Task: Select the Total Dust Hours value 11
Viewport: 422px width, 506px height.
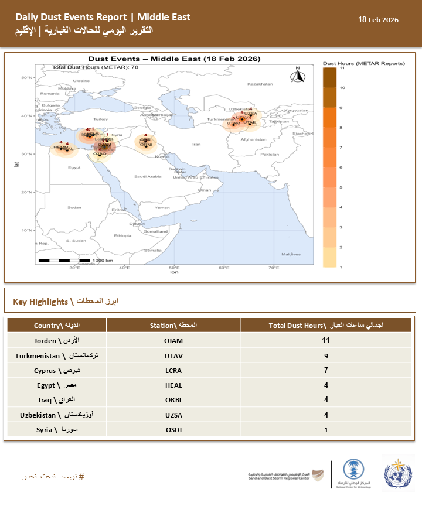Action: [x=326, y=340]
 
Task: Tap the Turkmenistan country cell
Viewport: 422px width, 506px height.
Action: [x=57, y=355]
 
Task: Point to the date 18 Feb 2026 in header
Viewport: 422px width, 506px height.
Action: [x=378, y=19]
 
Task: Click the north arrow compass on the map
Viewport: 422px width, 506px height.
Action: [x=297, y=76]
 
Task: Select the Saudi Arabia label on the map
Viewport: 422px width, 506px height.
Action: [x=148, y=176]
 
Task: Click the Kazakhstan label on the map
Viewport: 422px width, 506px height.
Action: [x=260, y=84]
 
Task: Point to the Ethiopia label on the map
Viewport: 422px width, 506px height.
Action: [x=123, y=235]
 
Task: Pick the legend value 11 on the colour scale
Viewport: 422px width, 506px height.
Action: [x=342, y=68]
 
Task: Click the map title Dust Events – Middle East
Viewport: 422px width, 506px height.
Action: [x=173, y=59]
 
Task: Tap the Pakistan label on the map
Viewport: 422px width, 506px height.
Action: [x=270, y=154]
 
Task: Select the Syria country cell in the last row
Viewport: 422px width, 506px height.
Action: [x=57, y=430]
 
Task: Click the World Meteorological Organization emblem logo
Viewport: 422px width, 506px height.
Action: [x=399, y=473]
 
